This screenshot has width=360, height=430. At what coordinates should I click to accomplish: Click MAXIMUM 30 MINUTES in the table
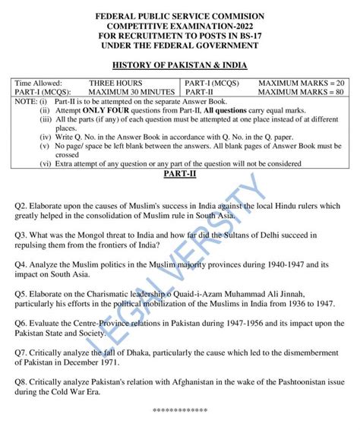point(125,91)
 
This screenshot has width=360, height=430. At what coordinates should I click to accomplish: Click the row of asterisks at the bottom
point(179,409)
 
